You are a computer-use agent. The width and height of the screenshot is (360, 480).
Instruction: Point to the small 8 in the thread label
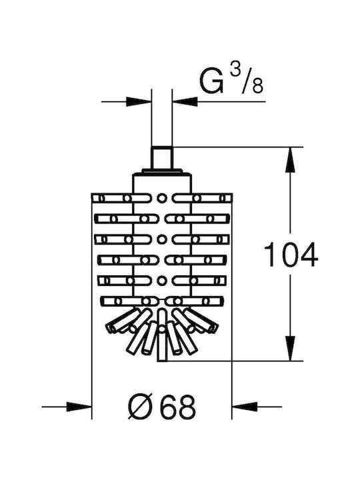tap(257, 86)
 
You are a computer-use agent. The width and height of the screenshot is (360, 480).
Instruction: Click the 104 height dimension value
tap(291, 255)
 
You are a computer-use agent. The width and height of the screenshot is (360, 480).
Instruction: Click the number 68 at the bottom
tap(177, 407)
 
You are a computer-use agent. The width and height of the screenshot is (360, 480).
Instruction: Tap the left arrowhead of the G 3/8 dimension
tap(139, 101)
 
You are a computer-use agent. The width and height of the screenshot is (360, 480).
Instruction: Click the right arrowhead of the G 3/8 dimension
tap(185, 101)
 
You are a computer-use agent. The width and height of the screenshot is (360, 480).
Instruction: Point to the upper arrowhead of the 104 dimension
tap(290, 159)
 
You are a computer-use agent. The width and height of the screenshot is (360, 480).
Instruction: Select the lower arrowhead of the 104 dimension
tap(290, 349)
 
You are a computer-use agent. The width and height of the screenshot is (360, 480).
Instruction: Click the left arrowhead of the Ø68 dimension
tap(79, 407)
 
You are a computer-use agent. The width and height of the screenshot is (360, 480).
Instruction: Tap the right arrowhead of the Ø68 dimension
tap(245, 407)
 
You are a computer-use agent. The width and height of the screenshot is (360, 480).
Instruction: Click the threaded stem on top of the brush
tap(162, 158)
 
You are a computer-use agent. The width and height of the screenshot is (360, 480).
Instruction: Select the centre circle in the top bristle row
tap(162, 198)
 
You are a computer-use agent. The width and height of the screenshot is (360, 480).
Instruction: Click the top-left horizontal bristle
tap(122, 198)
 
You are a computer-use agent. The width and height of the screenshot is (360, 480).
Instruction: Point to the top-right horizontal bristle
tap(202, 198)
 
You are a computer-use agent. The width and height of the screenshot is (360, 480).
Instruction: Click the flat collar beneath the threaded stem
tap(162, 171)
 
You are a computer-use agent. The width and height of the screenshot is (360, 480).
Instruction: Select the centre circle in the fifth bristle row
tap(162, 281)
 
